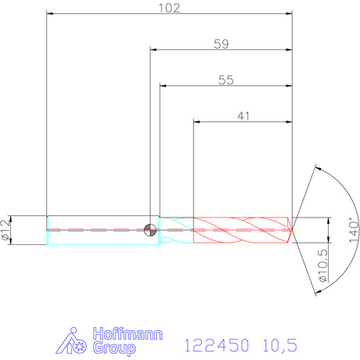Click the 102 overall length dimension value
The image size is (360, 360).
tap(169, 8)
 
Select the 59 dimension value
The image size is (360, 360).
tap(221, 44)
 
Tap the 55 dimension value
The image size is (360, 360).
tap(226, 80)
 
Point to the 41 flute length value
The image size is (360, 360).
tap(243, 116)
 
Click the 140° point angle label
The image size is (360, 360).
tap(354, 230)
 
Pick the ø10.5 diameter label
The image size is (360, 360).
tap(323, 265)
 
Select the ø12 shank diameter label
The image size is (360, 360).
tap(5, 230)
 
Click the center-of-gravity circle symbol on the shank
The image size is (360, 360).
tap(150, 230)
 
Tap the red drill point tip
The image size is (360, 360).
tap(292, 230)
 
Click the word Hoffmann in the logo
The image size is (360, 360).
tap(128, 333)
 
